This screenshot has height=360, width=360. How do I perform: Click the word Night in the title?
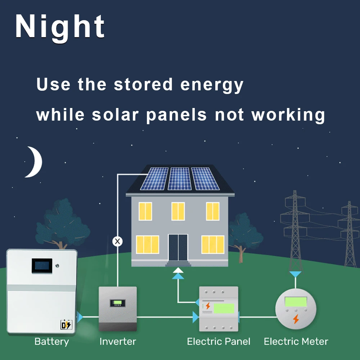[60, 27]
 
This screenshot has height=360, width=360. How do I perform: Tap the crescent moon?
[35, 162]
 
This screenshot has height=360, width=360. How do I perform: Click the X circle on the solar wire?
[117, 241]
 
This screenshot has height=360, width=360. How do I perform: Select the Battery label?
[51, 341]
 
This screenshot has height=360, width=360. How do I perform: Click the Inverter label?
[118, 341]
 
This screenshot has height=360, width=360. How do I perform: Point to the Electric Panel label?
[219, 341]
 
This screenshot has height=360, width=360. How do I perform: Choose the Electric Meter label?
[296, 341]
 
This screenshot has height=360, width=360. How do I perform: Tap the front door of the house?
[178, 247]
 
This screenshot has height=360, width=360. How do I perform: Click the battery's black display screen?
[42, 266]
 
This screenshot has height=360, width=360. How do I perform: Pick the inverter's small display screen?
[117, 303]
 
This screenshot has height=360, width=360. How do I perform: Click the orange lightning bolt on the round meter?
[296, 319]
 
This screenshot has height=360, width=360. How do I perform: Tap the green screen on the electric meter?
[296, 302]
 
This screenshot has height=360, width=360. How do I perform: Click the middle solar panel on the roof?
[180, 179]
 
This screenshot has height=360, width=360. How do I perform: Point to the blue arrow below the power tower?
[296, 274]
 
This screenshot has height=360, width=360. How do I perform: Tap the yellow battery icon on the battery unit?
[66, 325]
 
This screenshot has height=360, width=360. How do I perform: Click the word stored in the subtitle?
[143, 85]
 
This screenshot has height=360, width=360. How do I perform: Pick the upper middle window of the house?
[178, 211]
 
